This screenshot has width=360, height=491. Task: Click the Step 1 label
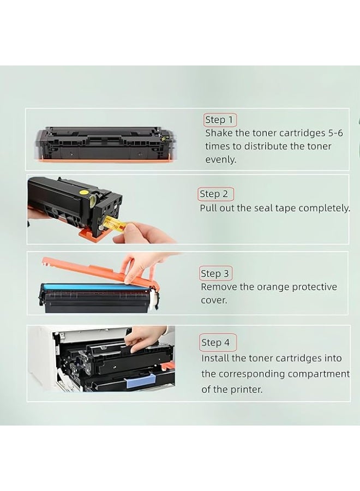[220, 119]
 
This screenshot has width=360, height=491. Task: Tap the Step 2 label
[215, 194]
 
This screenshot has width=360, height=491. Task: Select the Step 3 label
[216, 273]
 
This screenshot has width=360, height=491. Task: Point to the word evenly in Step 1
[220, 159]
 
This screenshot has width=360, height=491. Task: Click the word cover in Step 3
[214, 300]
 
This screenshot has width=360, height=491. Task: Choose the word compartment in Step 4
[320, 374]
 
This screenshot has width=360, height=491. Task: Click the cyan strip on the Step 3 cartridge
[82, 287]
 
